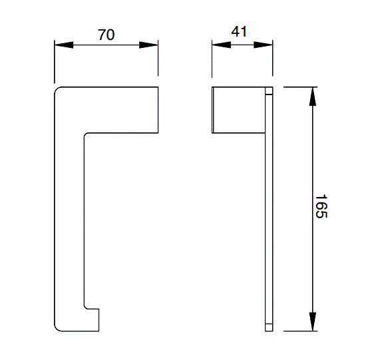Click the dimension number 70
point(106,35)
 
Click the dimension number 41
point(242,31)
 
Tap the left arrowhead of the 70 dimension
point(62,45)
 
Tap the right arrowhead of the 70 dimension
point(150,45)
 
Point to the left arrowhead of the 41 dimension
point(220,45)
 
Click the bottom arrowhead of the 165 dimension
point(311,322)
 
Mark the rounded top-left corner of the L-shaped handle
point(57,90)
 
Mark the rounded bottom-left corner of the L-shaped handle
point(57,327)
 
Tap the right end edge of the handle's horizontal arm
point(158,109)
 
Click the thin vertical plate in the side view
point(269,206)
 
